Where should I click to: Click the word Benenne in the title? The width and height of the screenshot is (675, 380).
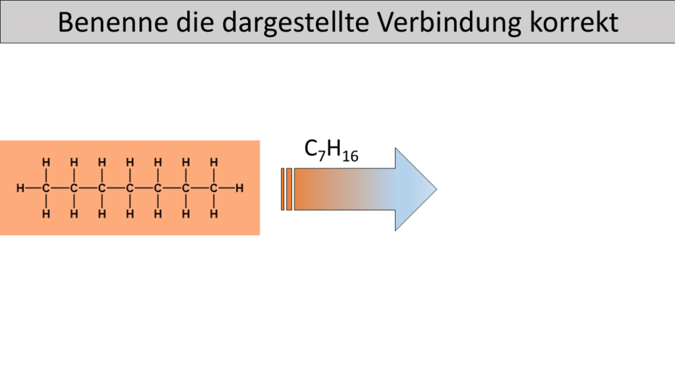(x=113, y=22)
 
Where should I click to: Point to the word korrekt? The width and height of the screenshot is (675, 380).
(x=574, y=22)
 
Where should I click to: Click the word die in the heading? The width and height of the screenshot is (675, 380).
(x=195, y=22)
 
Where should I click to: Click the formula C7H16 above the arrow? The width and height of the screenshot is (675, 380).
(x=331, y=150)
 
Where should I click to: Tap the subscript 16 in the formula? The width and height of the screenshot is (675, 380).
(x=351, y=156)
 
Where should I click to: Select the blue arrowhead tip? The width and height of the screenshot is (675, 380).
(x=436, y=189)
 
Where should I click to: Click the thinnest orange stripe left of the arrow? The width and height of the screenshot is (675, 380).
(x=282, y=189)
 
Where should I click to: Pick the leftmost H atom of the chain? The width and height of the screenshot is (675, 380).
(x=20, y=188)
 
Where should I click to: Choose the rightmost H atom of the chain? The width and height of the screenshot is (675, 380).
(x=239, y=188)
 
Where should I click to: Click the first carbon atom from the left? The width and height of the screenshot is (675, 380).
(x=46, y=188)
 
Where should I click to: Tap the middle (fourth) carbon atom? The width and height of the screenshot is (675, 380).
(x=130, y=188)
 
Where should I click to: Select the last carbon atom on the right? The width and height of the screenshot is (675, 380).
(x=214, y=188)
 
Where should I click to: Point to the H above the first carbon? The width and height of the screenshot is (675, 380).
(x=46, y=162)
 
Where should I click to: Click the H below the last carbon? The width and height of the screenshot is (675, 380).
(x=214, y=214)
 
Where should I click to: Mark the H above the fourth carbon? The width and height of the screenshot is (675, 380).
(x=130, y=162)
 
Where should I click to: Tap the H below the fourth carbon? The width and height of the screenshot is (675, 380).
(x=130, y=214)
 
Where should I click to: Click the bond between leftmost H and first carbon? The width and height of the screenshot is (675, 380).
(x=33, y=188)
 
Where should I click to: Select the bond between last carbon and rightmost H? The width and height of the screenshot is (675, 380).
(x=227, y=188)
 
